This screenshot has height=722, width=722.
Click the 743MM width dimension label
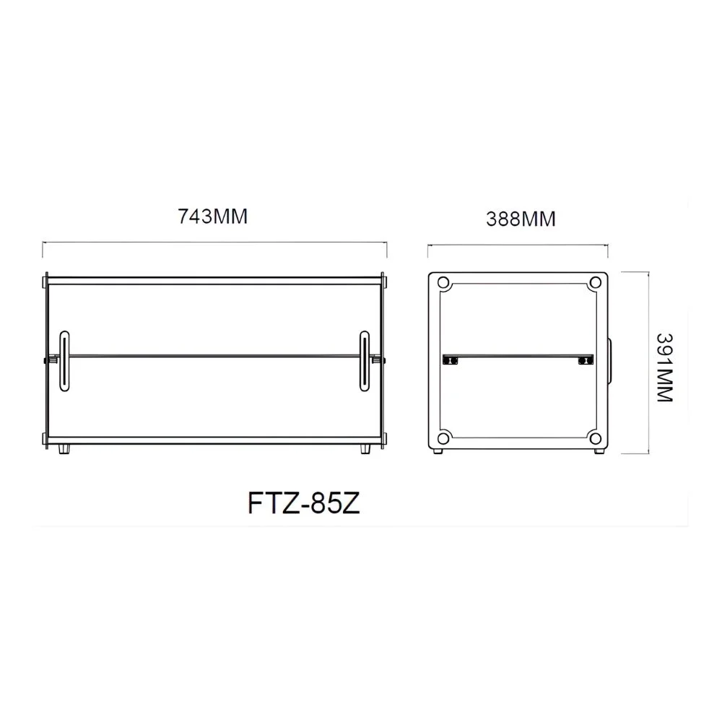click(x=213, y=217)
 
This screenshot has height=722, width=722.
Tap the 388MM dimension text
click(x=521, y=219)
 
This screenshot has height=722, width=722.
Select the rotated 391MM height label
click(x=664, y=367)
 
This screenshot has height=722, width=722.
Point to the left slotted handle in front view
click(x=64, y=361)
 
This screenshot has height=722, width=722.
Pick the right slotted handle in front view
click(x=364, y=361)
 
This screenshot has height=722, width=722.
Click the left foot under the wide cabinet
click(x=65, y=449)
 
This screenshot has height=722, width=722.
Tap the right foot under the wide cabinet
click(x=365, y=449)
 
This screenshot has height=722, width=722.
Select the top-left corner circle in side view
click(x=443, y=282)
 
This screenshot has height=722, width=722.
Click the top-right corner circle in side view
click(x=596, y=282)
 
